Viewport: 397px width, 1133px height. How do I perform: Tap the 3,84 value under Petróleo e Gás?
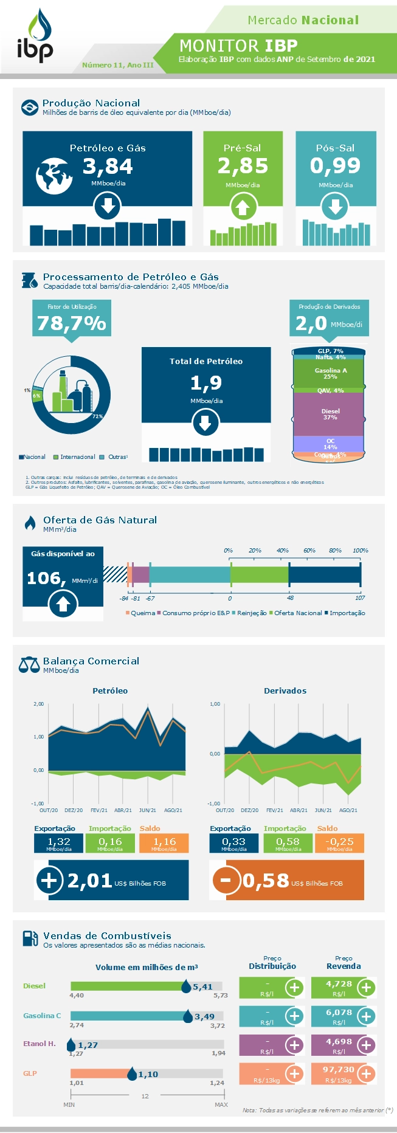click(x=108, y=166)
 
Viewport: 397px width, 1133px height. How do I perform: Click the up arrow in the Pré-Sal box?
click(x=243, y=208)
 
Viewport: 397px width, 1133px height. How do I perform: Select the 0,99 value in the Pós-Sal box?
click(x=335, y=165)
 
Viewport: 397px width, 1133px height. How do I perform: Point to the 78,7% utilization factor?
click(x=72, y=323)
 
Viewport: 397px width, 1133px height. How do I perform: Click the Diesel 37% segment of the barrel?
click(x=330, y=414)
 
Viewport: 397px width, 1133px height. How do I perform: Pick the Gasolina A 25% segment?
click(x=330, y=373)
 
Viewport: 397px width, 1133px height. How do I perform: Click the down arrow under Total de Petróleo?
click(x=205, y=422)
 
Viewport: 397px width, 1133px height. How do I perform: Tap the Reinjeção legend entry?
click(x=250, y=613)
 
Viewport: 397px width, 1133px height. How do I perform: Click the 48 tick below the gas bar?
click(x=291, y=598)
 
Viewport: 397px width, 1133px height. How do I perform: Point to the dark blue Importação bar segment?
click(x=325, y=574)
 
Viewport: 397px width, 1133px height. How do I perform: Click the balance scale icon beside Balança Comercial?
click(x=29, y=664)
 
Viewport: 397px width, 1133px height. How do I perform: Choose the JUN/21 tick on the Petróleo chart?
click(x=147, y=810)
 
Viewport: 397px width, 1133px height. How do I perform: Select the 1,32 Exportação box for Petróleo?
click(x=58, y=843)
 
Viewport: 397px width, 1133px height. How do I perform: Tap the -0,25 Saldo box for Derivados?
click(x=339, y=843)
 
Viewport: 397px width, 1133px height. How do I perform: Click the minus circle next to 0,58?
click(x=226, y=880)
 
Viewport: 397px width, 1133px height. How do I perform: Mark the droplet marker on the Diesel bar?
click(x=186, y=987)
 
